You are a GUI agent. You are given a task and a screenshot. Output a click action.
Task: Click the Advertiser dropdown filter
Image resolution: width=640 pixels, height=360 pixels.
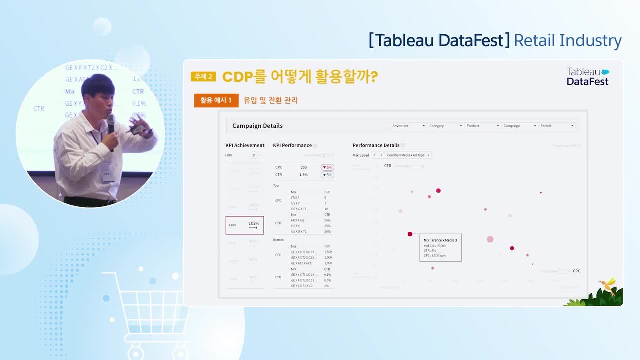pyautogui.click(x=408, y=126)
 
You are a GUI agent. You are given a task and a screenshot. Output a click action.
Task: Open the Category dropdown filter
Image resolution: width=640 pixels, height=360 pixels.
pyautogui.click(x=445, y=126)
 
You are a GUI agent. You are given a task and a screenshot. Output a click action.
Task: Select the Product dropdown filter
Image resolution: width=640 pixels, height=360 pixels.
pyautogui.click(x=482, y=126)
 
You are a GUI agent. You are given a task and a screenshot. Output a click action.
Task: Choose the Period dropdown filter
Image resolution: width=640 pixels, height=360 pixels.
pyautogui.click(x=556, y=126)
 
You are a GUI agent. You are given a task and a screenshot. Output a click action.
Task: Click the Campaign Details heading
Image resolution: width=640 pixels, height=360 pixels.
pyautogui.click(x=257, y=126)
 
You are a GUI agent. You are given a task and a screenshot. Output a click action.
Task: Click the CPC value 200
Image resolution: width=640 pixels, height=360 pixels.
pyautogui.click(x=304, y=167)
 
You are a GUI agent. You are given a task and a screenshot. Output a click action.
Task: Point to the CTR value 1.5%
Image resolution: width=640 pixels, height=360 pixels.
pyautogui.click(x=304, y=175)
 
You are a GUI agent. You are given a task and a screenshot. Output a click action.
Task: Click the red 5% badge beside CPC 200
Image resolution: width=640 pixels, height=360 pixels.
pyautogui.click(x=328, y=167)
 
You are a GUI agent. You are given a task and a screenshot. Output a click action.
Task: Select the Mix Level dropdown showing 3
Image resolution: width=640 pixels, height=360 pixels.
pyautogui.click(x=378, y=155)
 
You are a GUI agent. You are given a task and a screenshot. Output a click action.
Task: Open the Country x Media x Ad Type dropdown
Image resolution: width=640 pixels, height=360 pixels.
pyautogui.click(x=408, y=155)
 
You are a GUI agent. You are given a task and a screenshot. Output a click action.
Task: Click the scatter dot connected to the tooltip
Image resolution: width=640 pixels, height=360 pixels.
pyautogui.click(x=410, y=234)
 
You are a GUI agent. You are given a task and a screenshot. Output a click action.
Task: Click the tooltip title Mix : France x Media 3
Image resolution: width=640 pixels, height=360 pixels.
pyautogui.click(x=440, y=240)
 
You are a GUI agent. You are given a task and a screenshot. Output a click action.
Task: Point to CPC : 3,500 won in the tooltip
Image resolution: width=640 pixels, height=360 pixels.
pyautogui.click(x=435, y=255)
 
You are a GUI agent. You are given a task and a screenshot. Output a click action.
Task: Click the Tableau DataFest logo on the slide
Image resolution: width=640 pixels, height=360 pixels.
pyautogui.click(x=587, y=76)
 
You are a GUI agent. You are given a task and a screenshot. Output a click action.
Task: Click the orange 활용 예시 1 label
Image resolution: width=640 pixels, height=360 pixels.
pyautogui.click(x=216, y=100)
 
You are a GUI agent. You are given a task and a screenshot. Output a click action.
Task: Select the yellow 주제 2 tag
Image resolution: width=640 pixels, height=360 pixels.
pyautogui.click(x=203, y=76)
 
